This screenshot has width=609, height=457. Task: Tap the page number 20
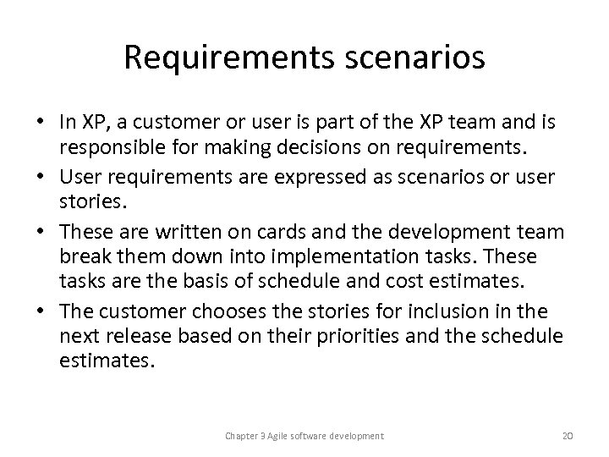point(567,435)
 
